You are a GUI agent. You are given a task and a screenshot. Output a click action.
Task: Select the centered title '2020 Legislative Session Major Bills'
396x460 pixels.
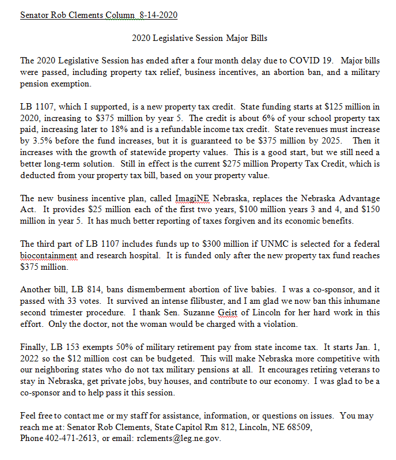(199, 38)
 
